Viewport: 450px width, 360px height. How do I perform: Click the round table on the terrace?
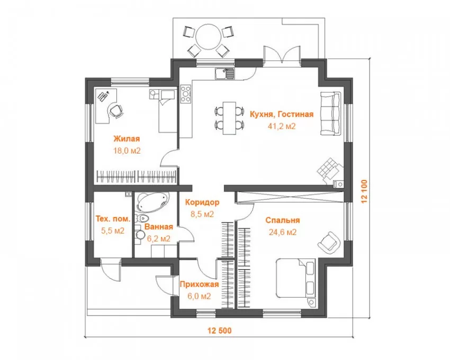click(x=209, y=37)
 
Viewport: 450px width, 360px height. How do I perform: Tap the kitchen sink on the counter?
click(x=224, y=74)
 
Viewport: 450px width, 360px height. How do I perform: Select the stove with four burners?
click(x=186, y=94)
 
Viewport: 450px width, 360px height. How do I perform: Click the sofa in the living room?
click(x=330, y=113)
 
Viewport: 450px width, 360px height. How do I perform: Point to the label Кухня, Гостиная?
click(x=282, y=114)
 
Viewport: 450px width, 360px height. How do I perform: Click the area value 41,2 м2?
click(x=282, y=126)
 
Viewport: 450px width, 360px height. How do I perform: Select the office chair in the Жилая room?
click(x=116, y=111)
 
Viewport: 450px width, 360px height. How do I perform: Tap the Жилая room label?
click(x=127, y=139)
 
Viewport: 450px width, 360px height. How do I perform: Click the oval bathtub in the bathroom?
click(x=152, y=202)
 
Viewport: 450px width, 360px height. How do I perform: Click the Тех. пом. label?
click(x=113, y=219)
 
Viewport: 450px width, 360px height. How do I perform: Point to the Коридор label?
click(x=202, y=202)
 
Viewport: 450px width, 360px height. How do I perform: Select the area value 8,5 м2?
click(x=202, y=214)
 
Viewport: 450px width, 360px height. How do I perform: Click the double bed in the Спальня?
click(x=295, y=278)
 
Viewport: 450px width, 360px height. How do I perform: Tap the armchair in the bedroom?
click(x=329, y=242)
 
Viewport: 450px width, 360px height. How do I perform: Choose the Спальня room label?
click(x=283, y=220)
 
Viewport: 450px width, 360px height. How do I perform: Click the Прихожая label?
click(x=199, y=284)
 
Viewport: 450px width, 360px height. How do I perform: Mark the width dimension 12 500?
click(x=220, y=331)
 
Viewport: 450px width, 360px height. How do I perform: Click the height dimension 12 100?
click(x=364, y=192)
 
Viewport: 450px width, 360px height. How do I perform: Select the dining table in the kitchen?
click(x=230, y=118)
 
